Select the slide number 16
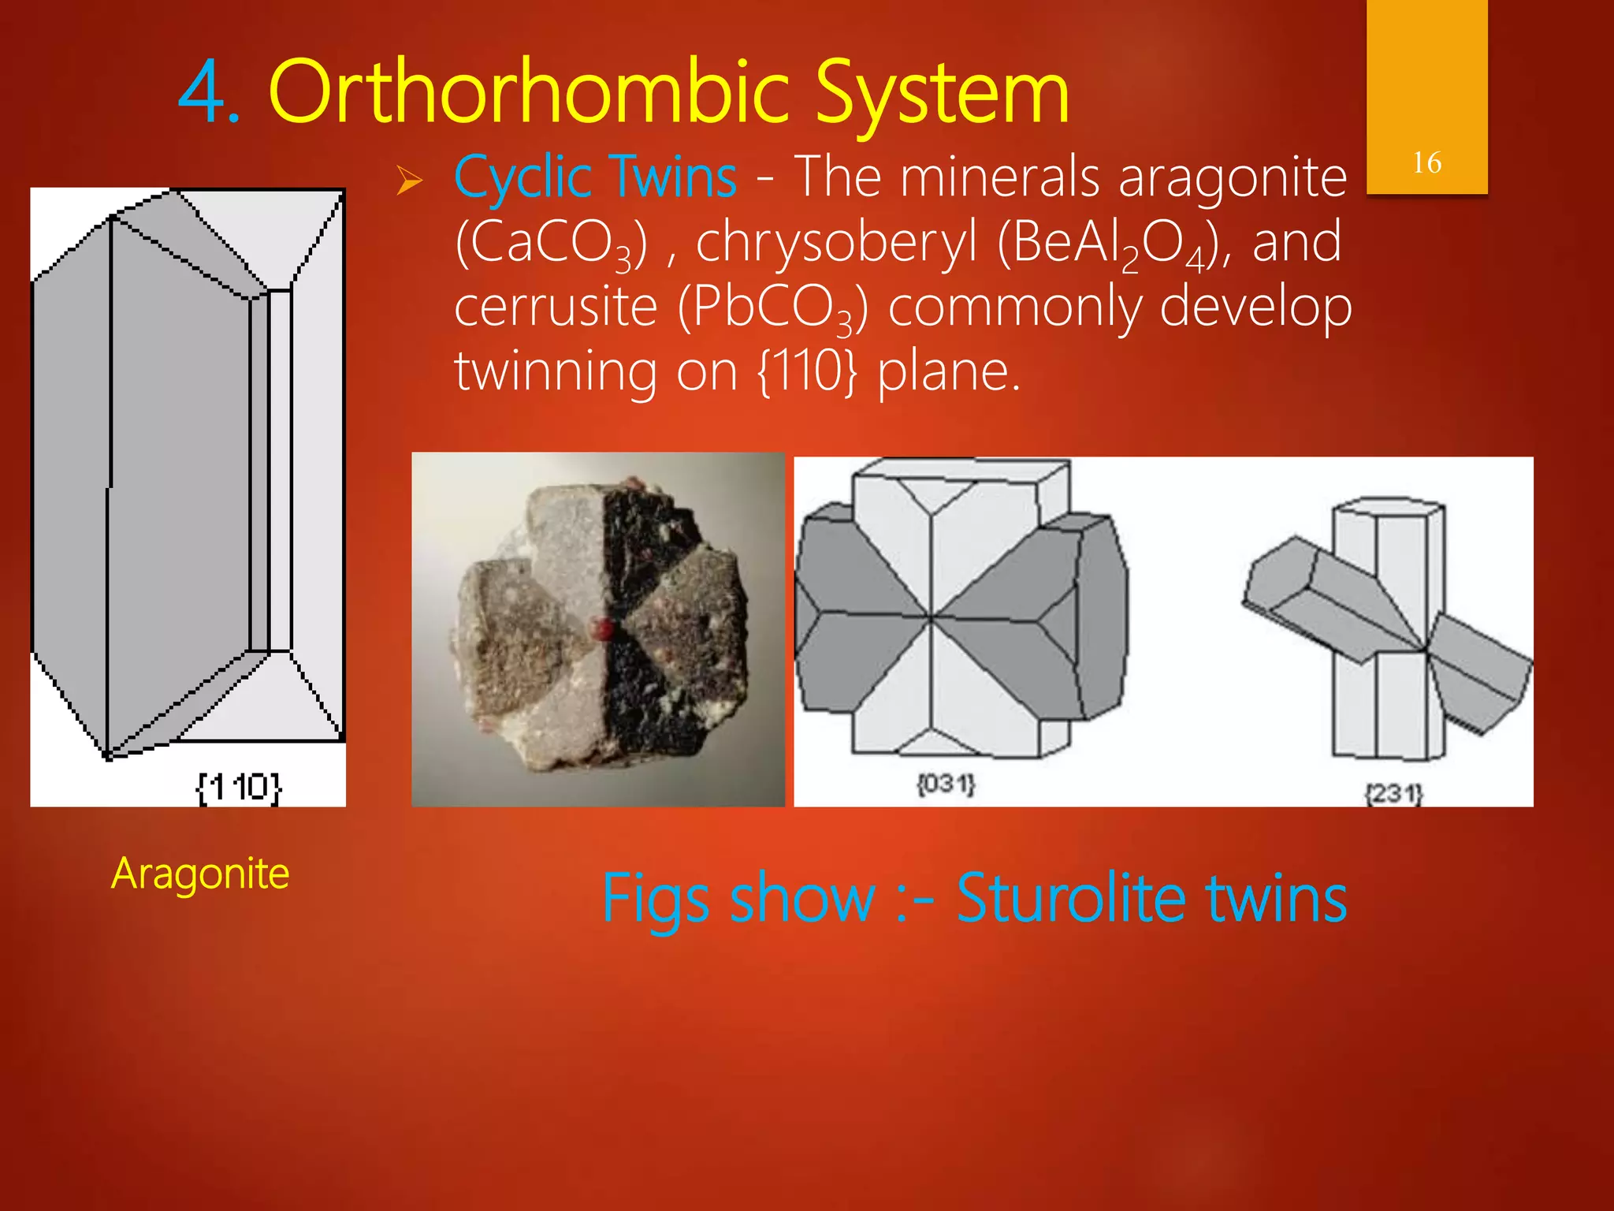(1426, 163)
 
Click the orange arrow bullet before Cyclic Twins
(409, 181)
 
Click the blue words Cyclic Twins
(596, 177)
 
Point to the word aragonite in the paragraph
(1233, 178)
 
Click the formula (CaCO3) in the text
(552, 243)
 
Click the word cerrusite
(556, 307)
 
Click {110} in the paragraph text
(806, 371)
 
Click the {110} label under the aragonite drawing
(238, 787)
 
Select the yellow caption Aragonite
(200, 874)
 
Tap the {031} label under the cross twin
(946, 784)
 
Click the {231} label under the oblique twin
(1393, 793)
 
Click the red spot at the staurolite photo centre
(604, 628)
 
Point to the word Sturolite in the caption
(1070, 898)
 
